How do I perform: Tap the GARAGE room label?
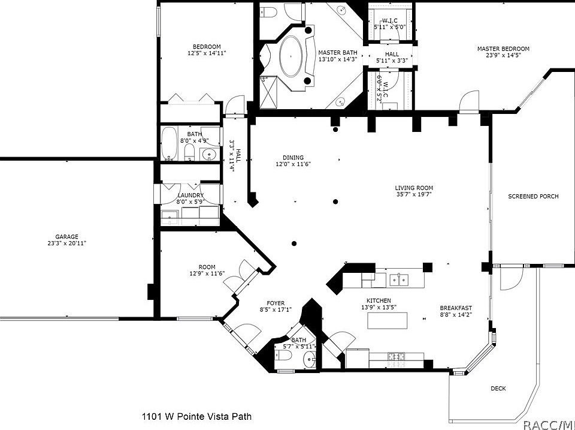[x=67, y=237]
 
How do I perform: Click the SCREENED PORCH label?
[x=533, y=197]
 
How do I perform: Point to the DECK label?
[x=498, y=389]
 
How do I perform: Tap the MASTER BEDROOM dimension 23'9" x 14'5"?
[x=503, y=57]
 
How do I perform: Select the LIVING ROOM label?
[x=414, y=188]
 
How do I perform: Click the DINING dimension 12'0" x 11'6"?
[x=293, y=164]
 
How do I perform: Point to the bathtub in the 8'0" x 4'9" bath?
[x=170, y=145]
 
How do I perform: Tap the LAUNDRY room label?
[x=190, y=196]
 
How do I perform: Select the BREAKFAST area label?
[x=456, y=308]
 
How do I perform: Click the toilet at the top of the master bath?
[x=268, y=13]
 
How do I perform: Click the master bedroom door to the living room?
[x=470, y=101]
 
